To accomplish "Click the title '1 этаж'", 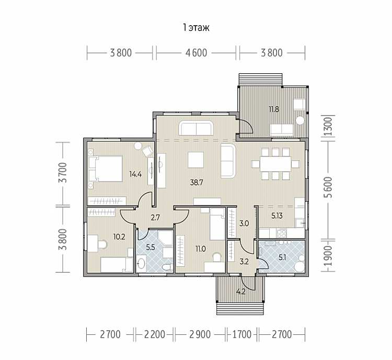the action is [196, 28].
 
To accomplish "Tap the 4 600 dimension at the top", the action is [196, 53].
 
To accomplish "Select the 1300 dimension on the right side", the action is [329, 127].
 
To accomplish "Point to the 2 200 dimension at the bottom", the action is [155, 334].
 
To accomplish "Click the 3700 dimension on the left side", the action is [64, 173].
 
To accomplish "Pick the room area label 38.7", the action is [197, 183].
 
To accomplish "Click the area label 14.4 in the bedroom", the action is [135, 174].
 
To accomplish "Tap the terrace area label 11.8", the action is [274, 109].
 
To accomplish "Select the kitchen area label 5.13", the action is [276, 216].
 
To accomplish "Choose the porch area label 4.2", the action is [241, 291].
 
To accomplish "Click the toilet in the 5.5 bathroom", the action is [167, 267].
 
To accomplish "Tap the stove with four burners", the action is [282, 233].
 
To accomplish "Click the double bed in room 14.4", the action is [106, 168].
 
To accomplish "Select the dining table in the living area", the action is [275, 164].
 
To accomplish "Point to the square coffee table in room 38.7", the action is [195, 160].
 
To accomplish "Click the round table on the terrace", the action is [299, 120].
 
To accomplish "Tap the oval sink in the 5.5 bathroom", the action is [142, 263].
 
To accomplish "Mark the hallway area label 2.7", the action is [155, 218].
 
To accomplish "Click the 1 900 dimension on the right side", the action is [329, 256].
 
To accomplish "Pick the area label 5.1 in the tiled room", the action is [282, 257].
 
